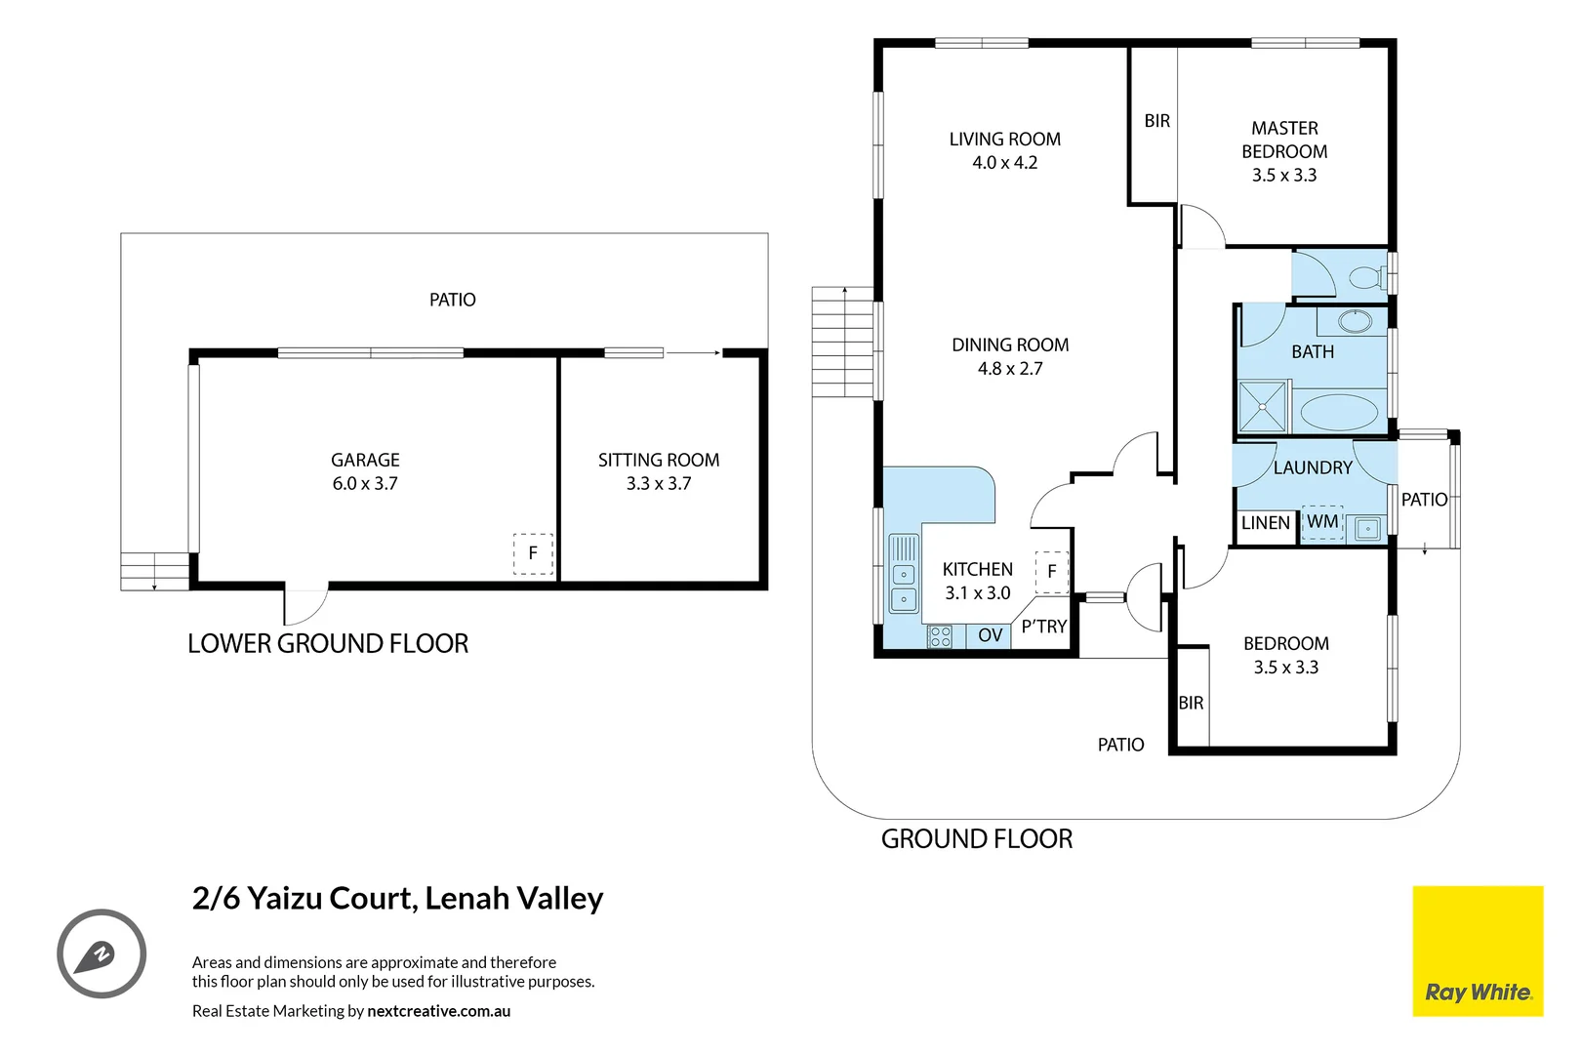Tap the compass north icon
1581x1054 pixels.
click(x=101, y=953)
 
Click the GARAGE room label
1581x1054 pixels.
click(x=365, y=460)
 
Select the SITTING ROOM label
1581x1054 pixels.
click(x=659, y=460)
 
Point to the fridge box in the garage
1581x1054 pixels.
click(x=533, y=553)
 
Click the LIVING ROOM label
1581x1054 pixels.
click(x=1005, y=140)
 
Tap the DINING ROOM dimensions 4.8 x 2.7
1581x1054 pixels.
click(x=1010, y=369)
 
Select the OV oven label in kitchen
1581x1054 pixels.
click(x=991, y=635)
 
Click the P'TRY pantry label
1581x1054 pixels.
click(x=1044, y=627)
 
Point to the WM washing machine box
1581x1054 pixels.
click(x=1322, y=522)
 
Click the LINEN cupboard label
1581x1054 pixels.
click(x=1266, y=523)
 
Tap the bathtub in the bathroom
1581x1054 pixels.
click(x=1339, y=412)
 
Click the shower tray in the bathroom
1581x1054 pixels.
click(x=1263, y=406)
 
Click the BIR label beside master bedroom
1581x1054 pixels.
click(x=1157, y=121)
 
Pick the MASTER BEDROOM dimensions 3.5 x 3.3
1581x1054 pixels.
click(x=1284, y=176)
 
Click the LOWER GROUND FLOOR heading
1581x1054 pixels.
click(x=328, y=644)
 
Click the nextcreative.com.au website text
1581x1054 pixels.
click(x=438, y=1011)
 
